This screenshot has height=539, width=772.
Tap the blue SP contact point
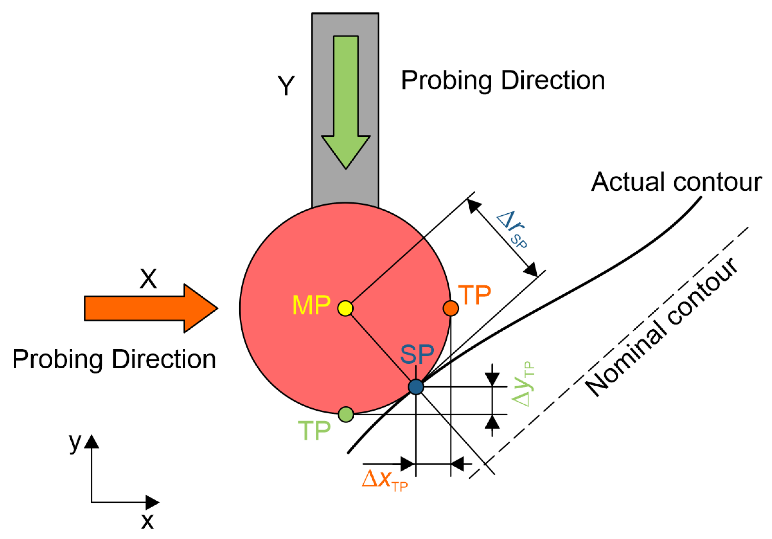point(416,387)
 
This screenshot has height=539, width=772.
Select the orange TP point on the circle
point(451,308)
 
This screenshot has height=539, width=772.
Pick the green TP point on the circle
point(346,414)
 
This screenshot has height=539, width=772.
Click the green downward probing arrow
point(346,101)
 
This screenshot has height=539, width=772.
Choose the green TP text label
point(314,431)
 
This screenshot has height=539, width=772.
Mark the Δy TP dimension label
point(523,384)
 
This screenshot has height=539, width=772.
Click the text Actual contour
point(677,183)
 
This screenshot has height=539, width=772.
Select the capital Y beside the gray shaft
point(286,86)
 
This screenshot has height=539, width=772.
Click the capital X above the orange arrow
point(148,279)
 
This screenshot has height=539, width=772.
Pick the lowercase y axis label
point(75,443)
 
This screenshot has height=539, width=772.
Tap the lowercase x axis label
point(147,522)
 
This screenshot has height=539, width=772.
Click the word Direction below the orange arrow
point(164,360)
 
